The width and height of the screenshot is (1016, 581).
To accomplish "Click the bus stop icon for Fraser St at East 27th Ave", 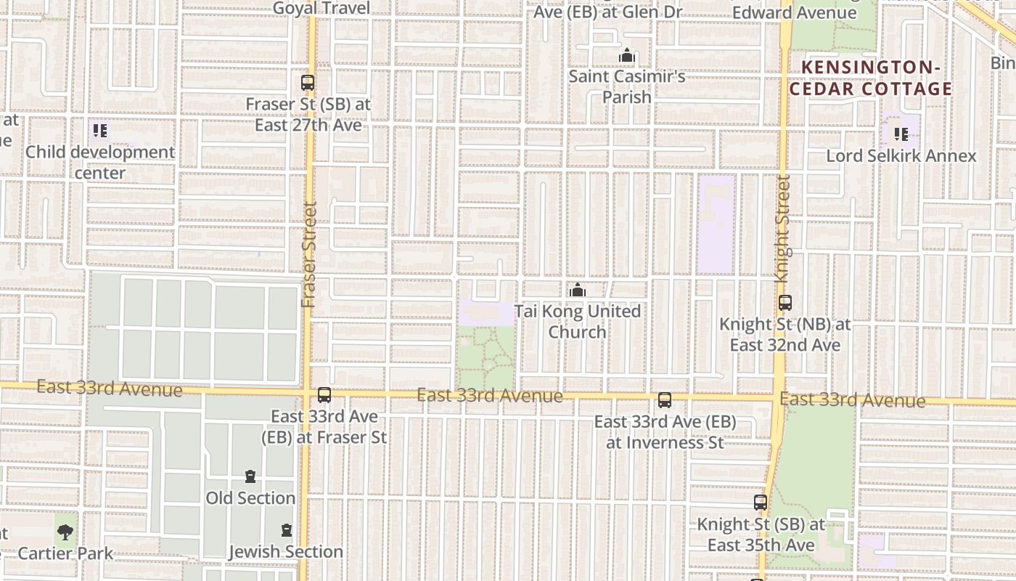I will (x=308, y=83).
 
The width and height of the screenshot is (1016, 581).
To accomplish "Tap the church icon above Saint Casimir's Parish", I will (x=627, y=56).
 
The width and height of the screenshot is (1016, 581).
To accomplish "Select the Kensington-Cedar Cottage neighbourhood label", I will (x=870, y=78).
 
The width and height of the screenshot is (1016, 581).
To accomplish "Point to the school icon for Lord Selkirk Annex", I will (x=901, y=134).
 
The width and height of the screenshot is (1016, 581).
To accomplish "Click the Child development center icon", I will (x=100, y=131).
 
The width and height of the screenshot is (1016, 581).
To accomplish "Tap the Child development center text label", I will (x=100, y=163).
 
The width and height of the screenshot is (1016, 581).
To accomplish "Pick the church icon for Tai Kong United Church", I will (x=578, y=290).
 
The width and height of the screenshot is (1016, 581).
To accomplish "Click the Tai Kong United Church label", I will (x=578, y=322).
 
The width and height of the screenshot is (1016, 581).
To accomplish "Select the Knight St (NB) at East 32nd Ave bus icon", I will (x=784, y=303).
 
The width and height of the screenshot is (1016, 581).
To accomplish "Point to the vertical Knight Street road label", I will (x=782, y=229).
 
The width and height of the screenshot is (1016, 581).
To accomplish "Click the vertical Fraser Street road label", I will (x=309, y=254).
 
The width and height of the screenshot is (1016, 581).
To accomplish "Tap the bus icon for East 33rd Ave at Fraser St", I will (x=324, y=395).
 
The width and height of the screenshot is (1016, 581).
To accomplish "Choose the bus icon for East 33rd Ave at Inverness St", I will (x=665, y=400).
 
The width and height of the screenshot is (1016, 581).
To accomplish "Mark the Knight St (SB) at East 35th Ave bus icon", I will (x=761, y=503).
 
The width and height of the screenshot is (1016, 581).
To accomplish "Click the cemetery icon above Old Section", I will (x=250, y=476).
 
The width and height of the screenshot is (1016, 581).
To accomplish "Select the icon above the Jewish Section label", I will (x=287, y=530).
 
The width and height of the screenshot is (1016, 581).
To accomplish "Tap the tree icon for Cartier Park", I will (x=65, y=532).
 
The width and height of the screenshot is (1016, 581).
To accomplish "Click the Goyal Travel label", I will (x=321, y=8).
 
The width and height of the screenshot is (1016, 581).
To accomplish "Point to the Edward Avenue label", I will (x=794, y=12).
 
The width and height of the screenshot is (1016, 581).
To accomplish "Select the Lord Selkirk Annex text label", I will (x=901, y=156).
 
